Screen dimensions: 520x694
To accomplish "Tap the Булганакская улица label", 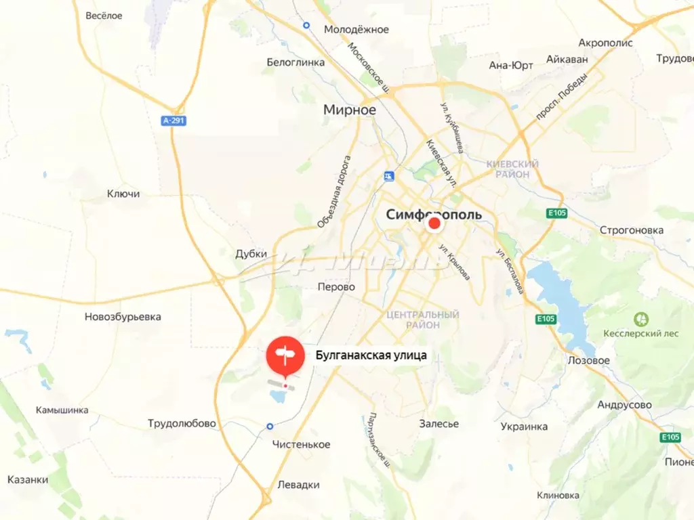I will click(371, 354).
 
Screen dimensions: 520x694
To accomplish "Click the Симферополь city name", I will click(434, 215).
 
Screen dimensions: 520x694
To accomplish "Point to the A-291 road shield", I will click(173, 121).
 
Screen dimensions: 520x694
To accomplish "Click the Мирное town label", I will click(350, 110).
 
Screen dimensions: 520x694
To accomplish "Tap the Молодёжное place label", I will click(356, 29).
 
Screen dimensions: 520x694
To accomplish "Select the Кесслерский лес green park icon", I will click(639, 318).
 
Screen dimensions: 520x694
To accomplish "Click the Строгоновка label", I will click(631, 230).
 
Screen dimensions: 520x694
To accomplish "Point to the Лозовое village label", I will click(588, 360).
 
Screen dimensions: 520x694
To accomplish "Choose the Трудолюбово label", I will click(182, 424).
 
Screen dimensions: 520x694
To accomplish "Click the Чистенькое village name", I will click(301, 444).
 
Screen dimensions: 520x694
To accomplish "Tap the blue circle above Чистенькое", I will click(270, 427).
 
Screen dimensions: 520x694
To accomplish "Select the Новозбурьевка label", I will click(123, 317).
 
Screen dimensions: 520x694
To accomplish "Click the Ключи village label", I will click(123, 194).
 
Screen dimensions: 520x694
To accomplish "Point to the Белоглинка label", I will click(295, 62).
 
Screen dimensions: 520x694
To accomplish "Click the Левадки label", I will click(298, 485).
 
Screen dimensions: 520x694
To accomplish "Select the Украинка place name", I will click(524, 427).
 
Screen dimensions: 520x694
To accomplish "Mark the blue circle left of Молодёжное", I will click(306, 25).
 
